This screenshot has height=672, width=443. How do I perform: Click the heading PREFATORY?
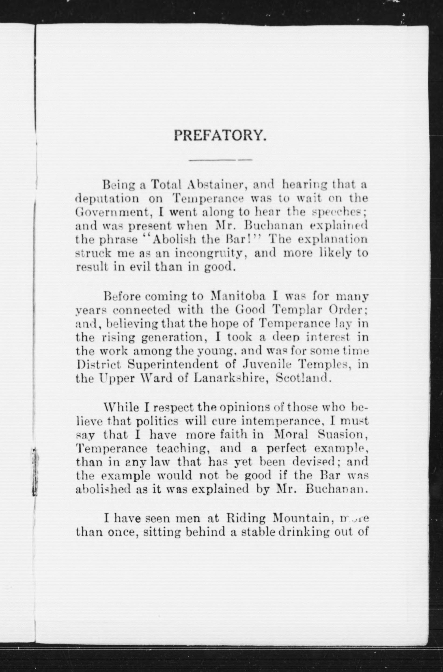coord(220,135)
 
